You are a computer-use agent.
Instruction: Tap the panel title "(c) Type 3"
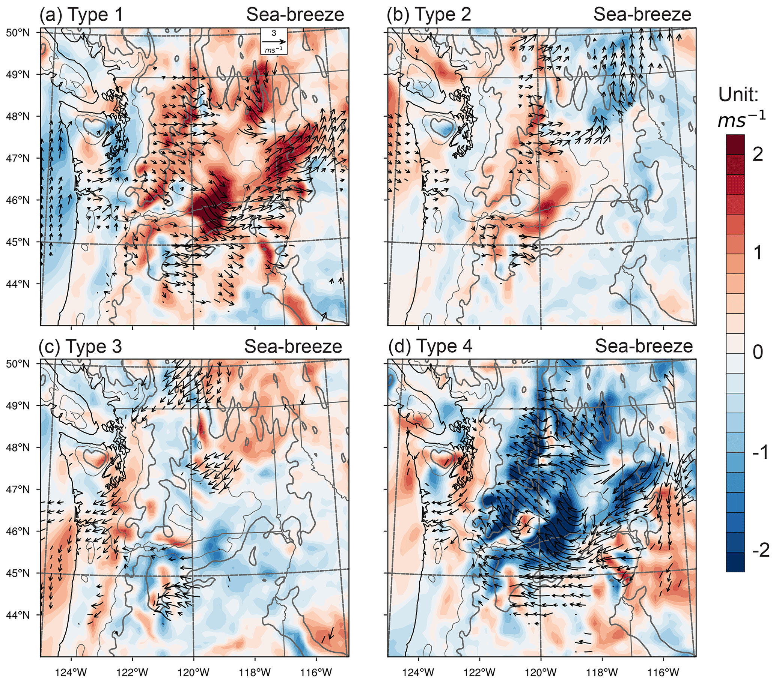pos(80,346)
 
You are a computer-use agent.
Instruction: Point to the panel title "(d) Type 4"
pos(430,346)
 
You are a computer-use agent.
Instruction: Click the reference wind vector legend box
pos(273,41)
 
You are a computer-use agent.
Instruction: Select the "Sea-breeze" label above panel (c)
pos(293,346)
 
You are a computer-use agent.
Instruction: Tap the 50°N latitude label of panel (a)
pos(18,33)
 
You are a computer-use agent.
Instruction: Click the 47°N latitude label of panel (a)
pos(18,158)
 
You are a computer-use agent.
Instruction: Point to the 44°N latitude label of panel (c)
pos(18,615)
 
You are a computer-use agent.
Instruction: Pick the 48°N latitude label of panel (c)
pos(18,447)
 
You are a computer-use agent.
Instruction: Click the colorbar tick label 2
pos(758,155)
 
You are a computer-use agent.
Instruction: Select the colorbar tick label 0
pos(758,353)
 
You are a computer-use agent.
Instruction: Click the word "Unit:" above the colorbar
pos(738,95)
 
